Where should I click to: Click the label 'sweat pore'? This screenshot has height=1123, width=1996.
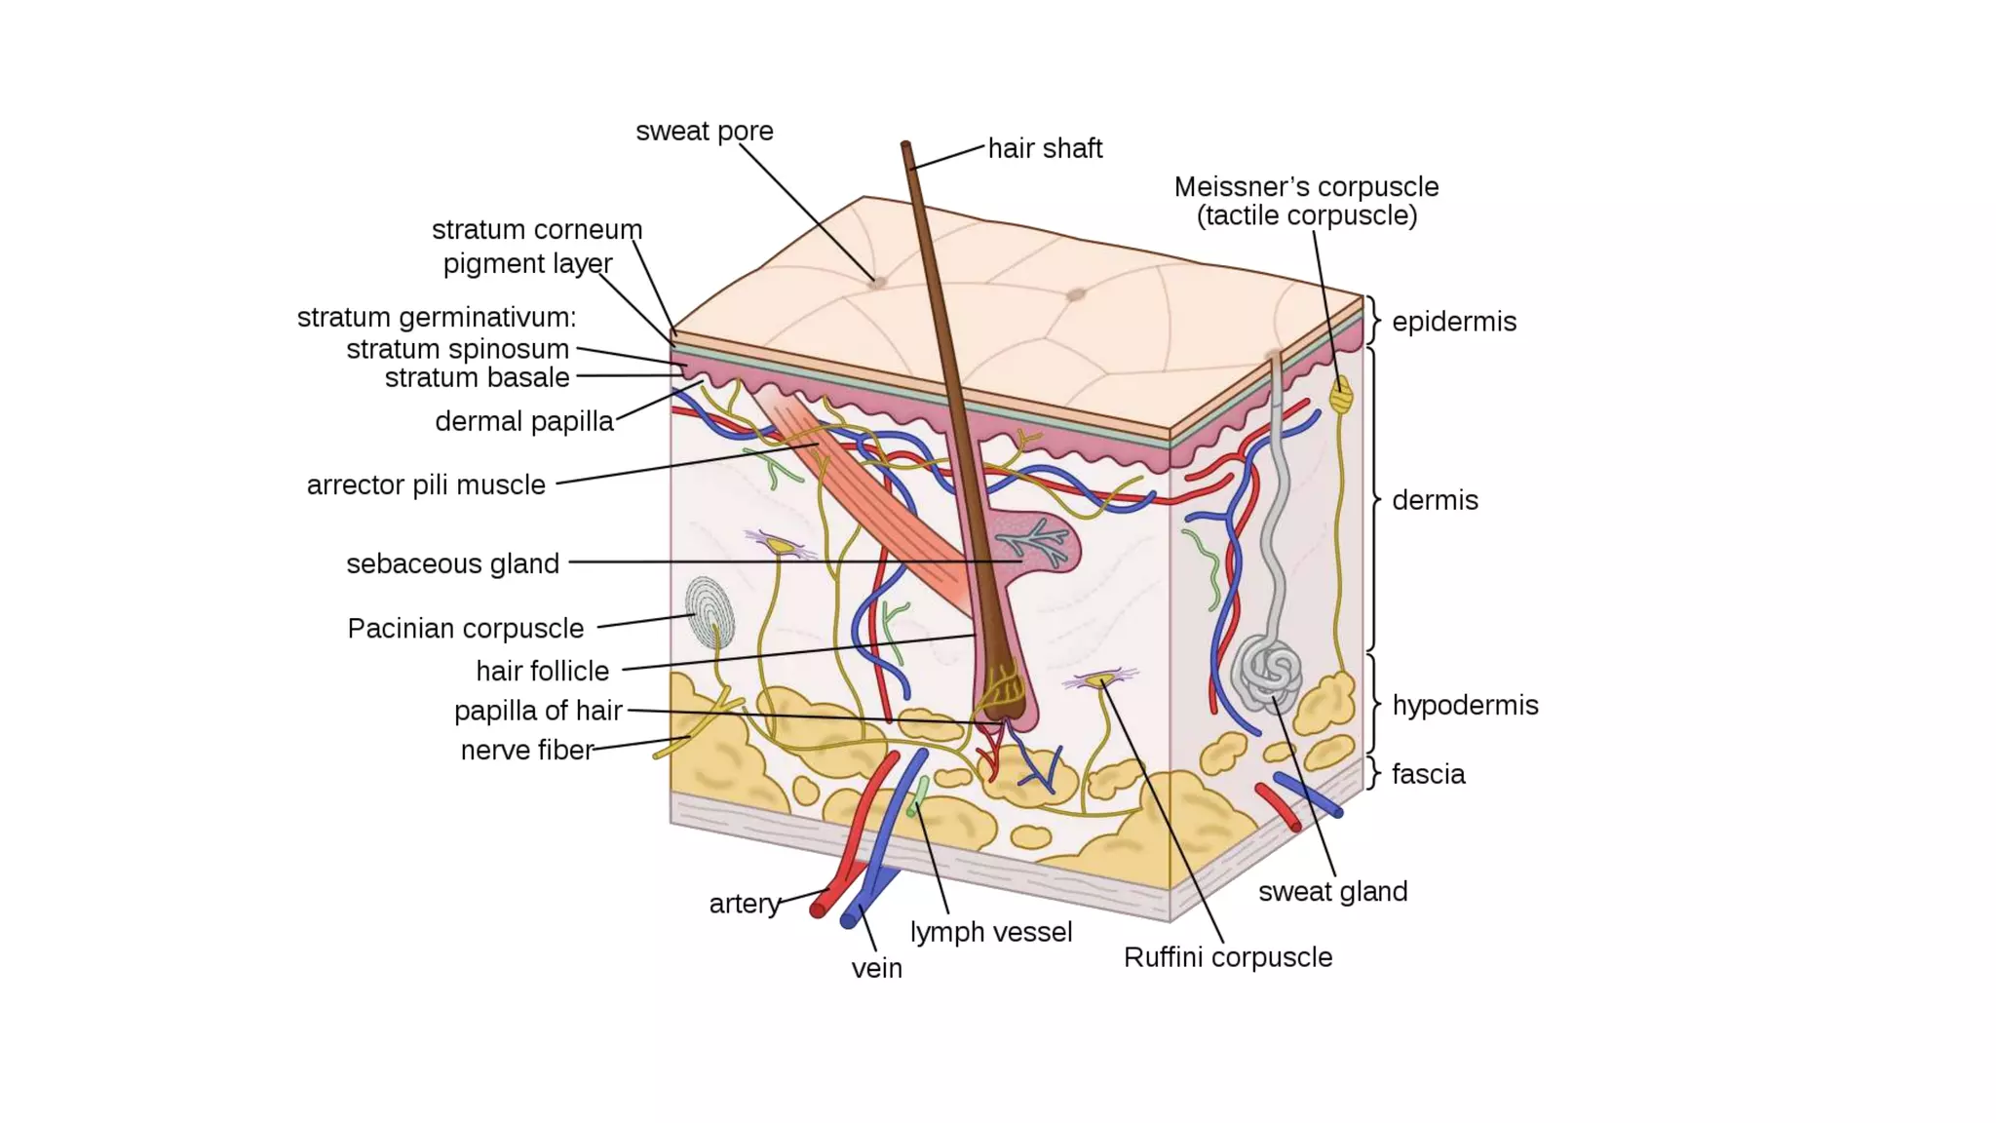click(x=704, y=131)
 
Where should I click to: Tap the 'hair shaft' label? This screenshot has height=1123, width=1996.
click(x=1045, y=148)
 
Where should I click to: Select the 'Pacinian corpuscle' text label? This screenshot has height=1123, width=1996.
click(x=465, y=629)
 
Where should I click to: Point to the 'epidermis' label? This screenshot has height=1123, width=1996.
click(x=1453, y=322)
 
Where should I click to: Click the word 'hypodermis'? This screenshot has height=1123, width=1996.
click(x=1464, y=705)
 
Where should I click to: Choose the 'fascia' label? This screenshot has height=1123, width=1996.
click(x=1428, y=774)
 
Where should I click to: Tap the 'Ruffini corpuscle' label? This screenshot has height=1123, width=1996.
click(x=1227, y=957)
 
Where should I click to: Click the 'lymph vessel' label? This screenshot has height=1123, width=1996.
click(x=990, y=932)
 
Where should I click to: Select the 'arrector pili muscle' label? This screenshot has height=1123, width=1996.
click(x=426, y=484)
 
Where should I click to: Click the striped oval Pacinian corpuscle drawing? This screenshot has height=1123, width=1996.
click(x=709, y=612)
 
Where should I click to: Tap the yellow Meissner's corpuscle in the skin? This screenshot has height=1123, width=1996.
click(x=1341, y=394)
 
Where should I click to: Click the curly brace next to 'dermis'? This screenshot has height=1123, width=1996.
click(x=1374, y=499)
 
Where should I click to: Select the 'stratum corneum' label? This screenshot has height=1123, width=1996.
click(x=537, y=230)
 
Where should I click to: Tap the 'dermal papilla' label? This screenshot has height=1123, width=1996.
click(x=523, y=421)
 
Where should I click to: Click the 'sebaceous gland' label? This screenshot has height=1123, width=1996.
click(x=452, y=563)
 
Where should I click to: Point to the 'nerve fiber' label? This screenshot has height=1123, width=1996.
click(x=526, y=750)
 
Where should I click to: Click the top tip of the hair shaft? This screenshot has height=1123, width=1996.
click(x=905, y=146)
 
